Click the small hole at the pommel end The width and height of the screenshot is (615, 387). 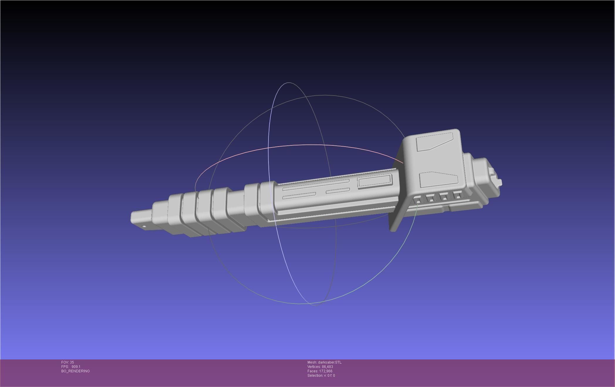(x=144, y=226)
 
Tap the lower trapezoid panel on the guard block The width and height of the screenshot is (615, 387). (x=438, y=180)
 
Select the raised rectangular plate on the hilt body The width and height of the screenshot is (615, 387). (x=375, y=181)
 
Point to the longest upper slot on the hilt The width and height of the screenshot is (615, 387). (x=315, y=185)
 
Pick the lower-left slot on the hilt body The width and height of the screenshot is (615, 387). (x=299, y=195)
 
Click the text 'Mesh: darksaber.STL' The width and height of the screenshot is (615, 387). (x=324, y=362)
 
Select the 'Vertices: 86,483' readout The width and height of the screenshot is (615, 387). (x=320, y=367)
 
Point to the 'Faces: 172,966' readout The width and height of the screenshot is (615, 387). (x=320, y=371)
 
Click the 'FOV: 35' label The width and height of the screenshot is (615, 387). (x=67, y=362)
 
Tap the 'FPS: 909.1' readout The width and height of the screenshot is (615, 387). (x=71, y=367)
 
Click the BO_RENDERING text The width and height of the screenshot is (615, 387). (x=75, y=371)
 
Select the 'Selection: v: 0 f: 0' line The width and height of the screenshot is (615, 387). (x=321, y=376)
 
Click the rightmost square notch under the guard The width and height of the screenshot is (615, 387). (x=457, y=196)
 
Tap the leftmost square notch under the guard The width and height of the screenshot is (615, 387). (x=418, y=201)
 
